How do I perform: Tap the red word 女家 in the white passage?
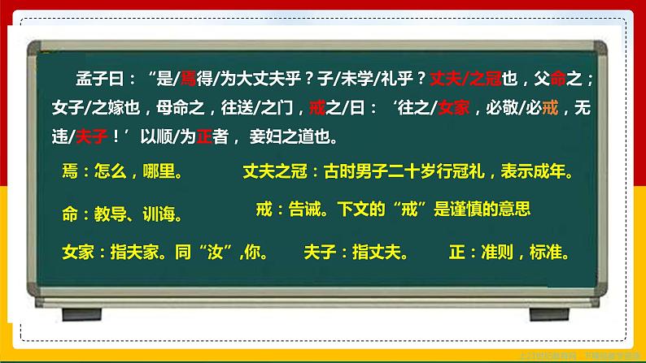pyautogui.click(x=456, y=106)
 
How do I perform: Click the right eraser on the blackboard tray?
pyautogui.click(x=551, y=312)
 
